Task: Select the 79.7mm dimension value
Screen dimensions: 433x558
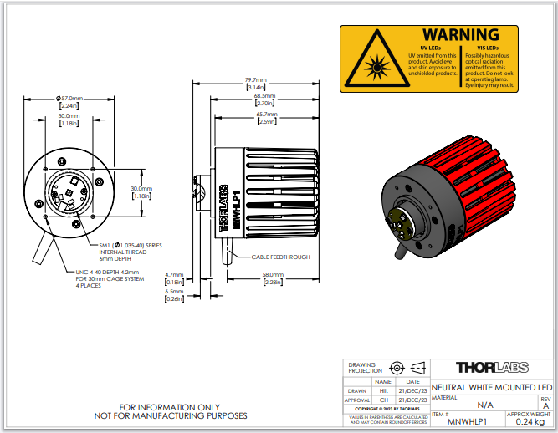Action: pos(255,80)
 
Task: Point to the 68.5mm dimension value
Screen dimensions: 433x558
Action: pos(265,96)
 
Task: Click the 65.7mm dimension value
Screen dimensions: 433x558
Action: pos(266,114)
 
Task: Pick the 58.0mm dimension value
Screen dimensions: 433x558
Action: pos(273,274)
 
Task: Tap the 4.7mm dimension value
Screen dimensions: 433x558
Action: pos(174,274)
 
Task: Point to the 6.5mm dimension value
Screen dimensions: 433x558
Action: pos(174,292)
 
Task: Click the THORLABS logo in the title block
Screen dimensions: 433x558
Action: pos(491,368)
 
